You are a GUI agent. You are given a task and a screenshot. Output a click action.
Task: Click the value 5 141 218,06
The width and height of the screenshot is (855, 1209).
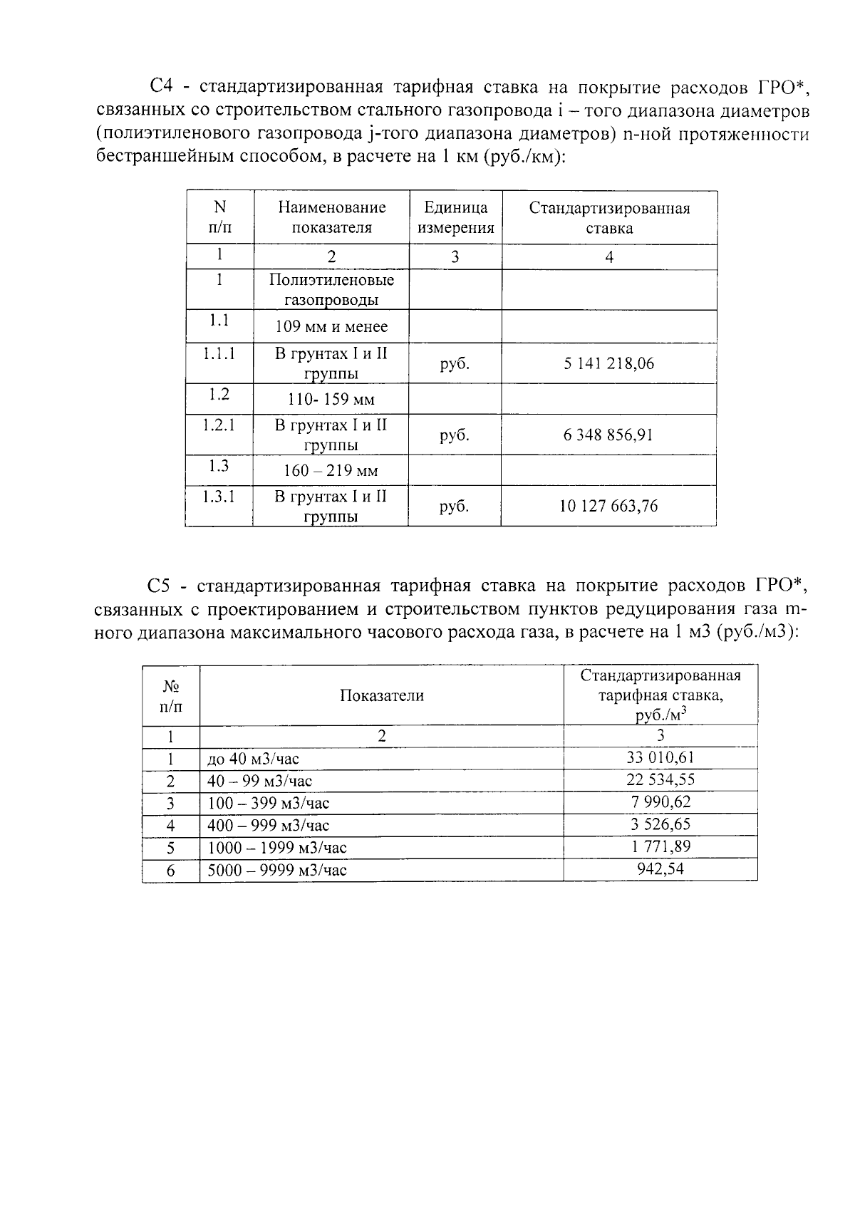608,364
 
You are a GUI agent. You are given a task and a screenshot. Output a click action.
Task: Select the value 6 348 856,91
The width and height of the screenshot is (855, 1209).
608,435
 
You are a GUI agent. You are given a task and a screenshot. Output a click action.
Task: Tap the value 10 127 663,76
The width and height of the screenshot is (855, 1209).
608,507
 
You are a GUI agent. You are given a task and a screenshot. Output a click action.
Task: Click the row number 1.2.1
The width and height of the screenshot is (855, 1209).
219,425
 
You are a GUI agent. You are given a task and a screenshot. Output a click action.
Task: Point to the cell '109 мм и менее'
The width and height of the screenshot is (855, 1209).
331,327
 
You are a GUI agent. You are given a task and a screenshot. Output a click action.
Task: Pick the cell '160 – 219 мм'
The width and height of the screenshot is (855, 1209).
331,471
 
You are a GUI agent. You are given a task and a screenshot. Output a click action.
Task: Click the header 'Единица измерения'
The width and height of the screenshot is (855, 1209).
455,218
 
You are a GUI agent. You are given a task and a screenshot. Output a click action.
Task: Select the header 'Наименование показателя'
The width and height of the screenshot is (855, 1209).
331,218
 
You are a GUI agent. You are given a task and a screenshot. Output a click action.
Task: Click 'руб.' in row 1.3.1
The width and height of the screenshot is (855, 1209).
455,507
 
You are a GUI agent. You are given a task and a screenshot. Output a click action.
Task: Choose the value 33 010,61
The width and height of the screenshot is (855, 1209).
660,757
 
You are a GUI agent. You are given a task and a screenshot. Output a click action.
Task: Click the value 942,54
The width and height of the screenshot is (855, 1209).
660,869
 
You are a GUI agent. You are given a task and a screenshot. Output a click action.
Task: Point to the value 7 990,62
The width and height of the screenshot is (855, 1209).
660,802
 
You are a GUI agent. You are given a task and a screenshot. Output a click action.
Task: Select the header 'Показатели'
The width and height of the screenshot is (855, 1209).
381,696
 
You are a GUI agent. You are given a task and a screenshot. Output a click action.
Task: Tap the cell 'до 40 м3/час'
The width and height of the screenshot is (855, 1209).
253,759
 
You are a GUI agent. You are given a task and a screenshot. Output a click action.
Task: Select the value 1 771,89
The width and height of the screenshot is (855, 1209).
660,847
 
